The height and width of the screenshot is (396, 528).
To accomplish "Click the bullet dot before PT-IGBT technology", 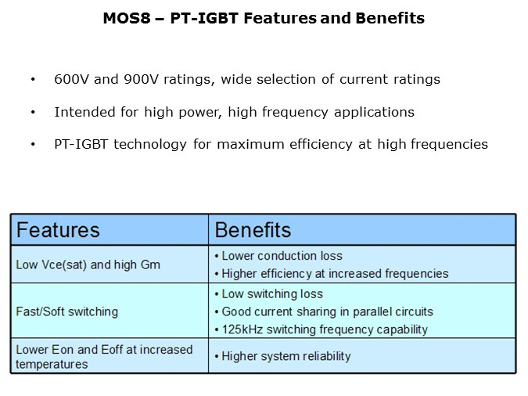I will pyautogui.click(x=32, y=145).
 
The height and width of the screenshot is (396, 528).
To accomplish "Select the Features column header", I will pyautogui.click(x=59, y=230).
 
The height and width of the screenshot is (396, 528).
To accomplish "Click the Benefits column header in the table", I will pyautogui.click(x=253, y=230).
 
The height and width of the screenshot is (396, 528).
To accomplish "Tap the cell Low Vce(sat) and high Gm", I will pyautogui.click(x=88, y=265).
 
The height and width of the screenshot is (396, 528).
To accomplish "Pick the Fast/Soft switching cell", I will pyautogui.click(x=67, y=311).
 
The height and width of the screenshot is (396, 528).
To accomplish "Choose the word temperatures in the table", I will pyautogui.click(x=52, y=364).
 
